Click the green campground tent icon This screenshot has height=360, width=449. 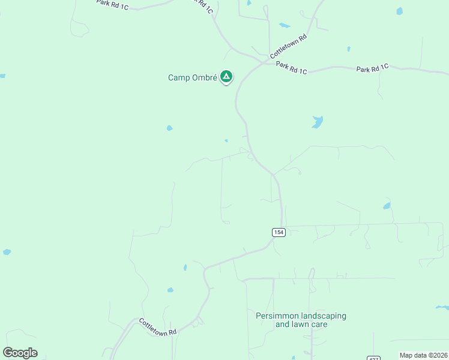pyautogui.click(x=226, y=76)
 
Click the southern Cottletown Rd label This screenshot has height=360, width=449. pyautogui.click(x=158, y=327)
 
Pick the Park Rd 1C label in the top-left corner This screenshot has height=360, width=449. pyautogui.click(x=112, y=5)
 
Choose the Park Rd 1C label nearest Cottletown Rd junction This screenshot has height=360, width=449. pyautogui.click(x=291, y=67)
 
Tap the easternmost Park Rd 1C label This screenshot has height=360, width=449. pyautogui.click(x=372, y=68)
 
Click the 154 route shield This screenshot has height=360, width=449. pyautogui.click(x=278, y=232)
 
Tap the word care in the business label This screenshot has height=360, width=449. pyautogui.click(x=319, y=325)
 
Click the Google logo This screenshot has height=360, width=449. pyautogui.click(x=20, y=353)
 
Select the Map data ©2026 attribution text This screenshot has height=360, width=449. pyautogui.click(x=423, y=355)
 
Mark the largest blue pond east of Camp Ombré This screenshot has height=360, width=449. pyautogui.click(x=317, y=122)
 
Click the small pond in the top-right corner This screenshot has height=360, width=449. pyautogui.click(x=399, y=11)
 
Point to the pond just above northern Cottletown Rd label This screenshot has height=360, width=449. pyautogui.click(x=285, y=26)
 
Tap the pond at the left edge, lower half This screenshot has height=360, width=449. pyautogui.click(x=7, y=252)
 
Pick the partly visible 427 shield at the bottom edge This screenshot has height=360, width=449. pyautogui.click(x=373, y=358)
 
